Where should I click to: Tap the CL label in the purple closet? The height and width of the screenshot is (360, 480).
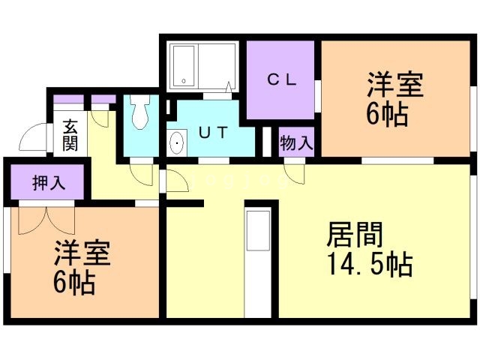pyautogui.click(x=280, y=79)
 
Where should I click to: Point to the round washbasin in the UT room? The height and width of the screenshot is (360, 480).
pyautogui.click(x=178, y=142)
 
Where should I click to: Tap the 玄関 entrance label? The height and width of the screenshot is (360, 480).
pyautogui.click(x=70, y=135)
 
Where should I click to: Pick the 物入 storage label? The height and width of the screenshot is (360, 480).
pyautogui.click(x=296, y=142)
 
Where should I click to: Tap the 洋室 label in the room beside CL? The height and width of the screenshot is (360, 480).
pyautogui.click(x=394, y=85)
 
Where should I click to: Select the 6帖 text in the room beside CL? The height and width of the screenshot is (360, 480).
pyautogui.click(x=387, y=115)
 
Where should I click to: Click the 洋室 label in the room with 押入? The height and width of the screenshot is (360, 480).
pyautogui.click(x=81, y=253)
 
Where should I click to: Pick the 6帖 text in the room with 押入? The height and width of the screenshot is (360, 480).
pyautogui.click(x=73, y=283)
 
